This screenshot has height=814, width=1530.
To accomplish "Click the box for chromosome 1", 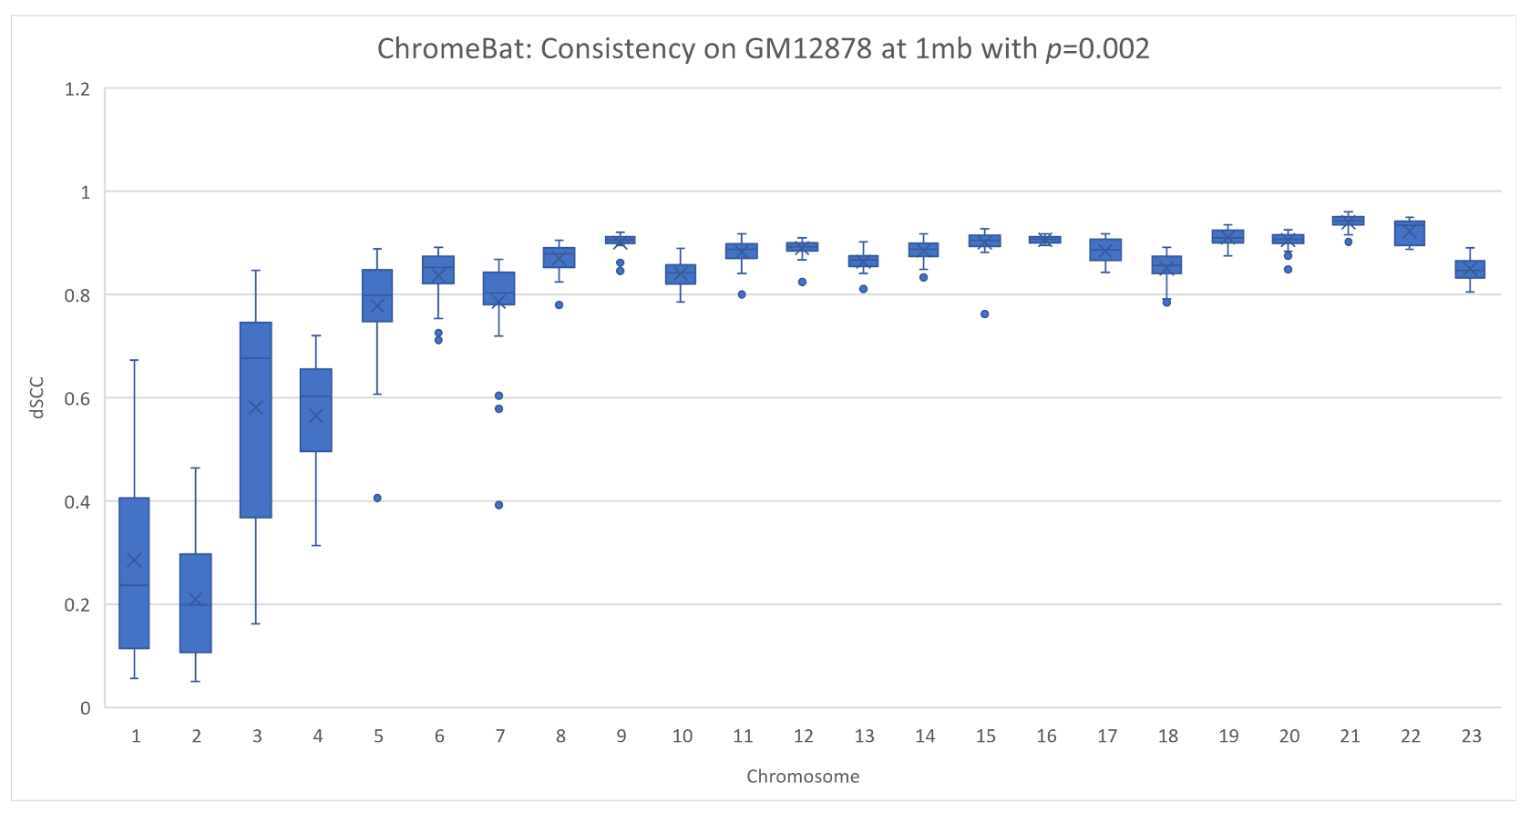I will pos(134,572).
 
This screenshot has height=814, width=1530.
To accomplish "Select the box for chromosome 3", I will pos(256,419).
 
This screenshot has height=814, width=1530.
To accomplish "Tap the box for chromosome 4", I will pos(316,410).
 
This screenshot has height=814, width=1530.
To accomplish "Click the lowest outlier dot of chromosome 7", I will pos(498,505).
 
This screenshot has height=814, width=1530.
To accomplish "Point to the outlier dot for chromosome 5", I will pos(377,498).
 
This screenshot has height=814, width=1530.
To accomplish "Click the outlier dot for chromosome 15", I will pos(984,314).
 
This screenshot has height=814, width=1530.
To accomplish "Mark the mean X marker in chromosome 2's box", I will pos(195,599).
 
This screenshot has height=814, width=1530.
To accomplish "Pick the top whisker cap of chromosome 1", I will pos(134,360).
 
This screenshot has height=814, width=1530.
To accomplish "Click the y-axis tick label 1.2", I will pos(77,89).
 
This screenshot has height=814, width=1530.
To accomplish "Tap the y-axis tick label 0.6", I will pos(77,398).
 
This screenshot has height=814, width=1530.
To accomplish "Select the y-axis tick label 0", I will pos(85,708).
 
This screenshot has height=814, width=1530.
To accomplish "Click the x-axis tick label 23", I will pos(1471,737).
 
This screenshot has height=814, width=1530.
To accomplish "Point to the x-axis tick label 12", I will pos(803,737).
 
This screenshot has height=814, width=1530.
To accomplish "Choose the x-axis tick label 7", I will pos(499,737).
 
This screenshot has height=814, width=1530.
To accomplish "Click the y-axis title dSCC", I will pos(37,398).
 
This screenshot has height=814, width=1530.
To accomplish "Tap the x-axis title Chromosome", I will pos(802,777).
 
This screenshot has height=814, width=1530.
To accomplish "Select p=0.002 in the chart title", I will pos(1097,48).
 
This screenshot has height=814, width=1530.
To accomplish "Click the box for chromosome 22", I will pos(1410,233).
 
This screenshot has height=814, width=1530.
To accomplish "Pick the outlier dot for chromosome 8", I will pos(560,304).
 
